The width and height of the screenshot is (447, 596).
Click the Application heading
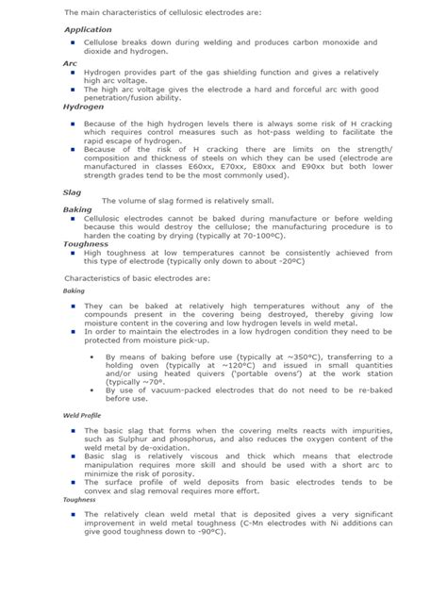click(88, 30)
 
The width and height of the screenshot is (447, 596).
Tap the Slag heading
click(73, 190)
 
